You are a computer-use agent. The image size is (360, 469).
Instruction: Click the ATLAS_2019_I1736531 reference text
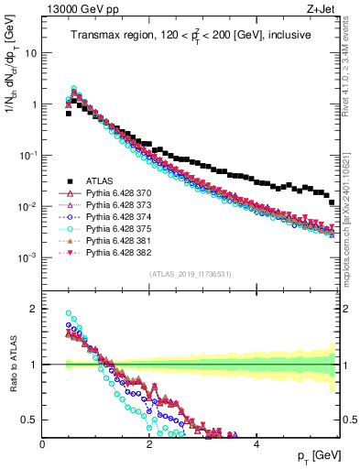(190, 274)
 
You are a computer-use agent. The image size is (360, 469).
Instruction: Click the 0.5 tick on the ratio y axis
(30, 420)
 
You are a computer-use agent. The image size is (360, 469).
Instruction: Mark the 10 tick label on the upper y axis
(30, 52)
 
